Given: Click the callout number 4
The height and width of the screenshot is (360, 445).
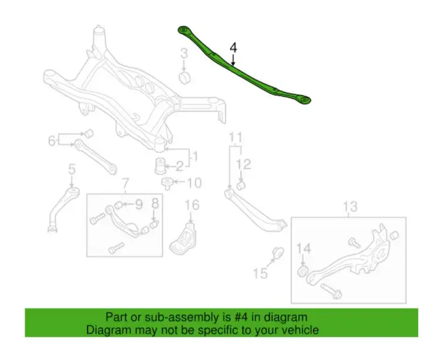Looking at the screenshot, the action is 233,47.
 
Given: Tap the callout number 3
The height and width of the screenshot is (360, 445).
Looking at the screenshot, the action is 184,54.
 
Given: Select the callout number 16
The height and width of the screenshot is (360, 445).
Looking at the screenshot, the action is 192,205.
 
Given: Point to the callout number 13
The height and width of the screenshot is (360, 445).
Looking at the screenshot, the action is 351,207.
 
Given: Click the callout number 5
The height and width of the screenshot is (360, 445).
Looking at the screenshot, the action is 72,169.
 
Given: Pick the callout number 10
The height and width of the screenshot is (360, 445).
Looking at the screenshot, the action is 194,182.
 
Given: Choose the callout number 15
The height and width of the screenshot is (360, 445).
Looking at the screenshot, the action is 261,274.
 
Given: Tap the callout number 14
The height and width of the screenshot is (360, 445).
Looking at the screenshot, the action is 304,248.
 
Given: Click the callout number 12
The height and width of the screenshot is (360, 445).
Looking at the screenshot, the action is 244,165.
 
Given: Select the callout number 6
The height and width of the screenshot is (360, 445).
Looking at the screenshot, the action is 51,141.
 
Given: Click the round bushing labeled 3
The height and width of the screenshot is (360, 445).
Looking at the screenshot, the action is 185,78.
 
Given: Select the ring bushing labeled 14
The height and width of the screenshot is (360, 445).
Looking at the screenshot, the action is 303,271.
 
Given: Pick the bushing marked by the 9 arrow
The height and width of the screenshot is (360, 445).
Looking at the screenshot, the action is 118,204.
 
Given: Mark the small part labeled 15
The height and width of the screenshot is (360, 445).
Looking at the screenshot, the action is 278,252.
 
